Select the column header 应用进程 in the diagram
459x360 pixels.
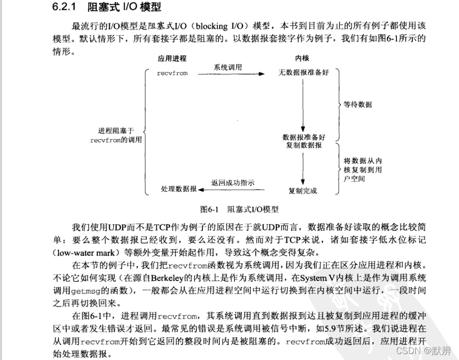[x=172, y=59]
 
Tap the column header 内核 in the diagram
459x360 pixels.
[x=303, y=59]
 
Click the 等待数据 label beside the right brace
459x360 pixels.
[x=358, y=105]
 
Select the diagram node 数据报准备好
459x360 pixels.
[x=304, y=137]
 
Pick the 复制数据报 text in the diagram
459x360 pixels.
[x=304, y=145]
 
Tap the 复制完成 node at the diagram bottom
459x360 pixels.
[x=303, y=191]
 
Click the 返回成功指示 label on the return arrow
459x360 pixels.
[x=232, y=183]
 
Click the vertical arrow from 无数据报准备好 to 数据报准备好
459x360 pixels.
[x=303, y=104]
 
